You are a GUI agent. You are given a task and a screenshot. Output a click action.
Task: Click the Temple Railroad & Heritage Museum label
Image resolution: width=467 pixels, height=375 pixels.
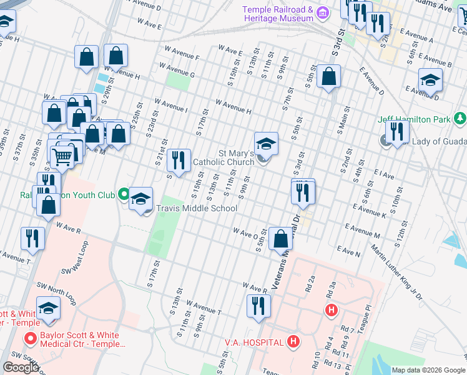coord(277,14)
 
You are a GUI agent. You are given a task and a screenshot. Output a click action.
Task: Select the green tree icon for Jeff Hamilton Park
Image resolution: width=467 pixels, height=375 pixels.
coord(460,118)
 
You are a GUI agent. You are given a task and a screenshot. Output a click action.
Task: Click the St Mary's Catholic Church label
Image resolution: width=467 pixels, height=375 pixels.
coord(224,157)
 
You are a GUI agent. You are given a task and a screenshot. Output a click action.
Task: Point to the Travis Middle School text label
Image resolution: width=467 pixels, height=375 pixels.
coord(196,208)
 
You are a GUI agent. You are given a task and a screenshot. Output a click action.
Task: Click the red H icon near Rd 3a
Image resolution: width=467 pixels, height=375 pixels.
coord(331,309)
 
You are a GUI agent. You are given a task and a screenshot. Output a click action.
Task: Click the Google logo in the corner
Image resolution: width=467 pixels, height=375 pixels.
coord(21,367)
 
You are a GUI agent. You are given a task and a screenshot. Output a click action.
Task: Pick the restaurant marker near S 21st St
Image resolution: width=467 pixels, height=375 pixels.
coord(179,160)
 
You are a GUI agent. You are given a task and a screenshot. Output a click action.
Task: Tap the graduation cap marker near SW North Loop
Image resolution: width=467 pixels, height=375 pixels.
coord(48,309)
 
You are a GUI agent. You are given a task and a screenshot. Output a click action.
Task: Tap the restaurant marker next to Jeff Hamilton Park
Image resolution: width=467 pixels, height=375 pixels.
coord(397,131)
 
